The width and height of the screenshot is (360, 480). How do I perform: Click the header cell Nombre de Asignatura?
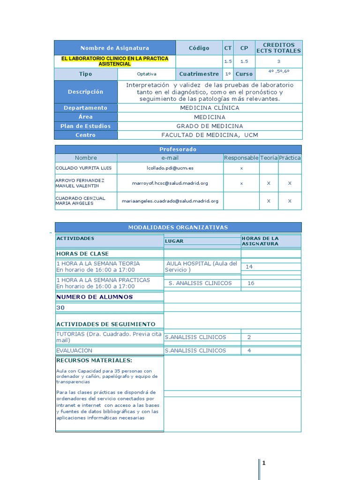pos(115,48)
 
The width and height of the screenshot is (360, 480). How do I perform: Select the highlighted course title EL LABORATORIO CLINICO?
pos(115,61)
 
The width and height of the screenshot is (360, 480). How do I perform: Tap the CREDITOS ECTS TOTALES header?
pos(278,48)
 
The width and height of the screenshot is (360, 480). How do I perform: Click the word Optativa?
pos(146,74)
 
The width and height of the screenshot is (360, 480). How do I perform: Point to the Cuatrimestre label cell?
pos(199,74)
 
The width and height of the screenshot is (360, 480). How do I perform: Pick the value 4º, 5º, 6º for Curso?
pos(278,71)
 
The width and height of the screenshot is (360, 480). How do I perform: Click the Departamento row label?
pos(85,108)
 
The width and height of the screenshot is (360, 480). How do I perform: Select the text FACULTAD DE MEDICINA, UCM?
pos(210,135)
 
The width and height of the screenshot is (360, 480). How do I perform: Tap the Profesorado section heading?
pos(178,149)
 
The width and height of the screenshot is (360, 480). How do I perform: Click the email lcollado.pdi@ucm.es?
pos(170,167)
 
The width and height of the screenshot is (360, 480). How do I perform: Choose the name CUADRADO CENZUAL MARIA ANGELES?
pos(81,201)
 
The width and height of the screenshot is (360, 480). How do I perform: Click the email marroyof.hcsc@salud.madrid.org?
pos(170,183)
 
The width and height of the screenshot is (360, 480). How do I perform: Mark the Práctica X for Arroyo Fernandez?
pos(290,183)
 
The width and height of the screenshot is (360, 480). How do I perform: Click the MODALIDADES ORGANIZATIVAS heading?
pos(178,227)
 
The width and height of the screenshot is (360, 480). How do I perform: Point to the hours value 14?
pos(249,267)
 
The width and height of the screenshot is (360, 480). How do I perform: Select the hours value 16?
pos(251,283)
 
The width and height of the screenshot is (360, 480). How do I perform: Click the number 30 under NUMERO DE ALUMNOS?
pos(60,308)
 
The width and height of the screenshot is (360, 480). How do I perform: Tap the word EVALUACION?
pos(74,351)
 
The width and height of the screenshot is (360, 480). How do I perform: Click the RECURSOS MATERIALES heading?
pos(94,360)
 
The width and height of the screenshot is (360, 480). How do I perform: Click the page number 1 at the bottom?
pos(264,464)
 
